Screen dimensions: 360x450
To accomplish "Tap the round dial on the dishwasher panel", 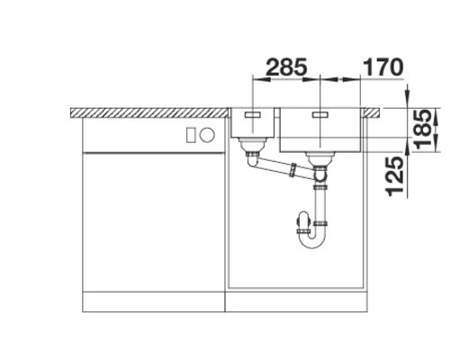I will tap(206, 136).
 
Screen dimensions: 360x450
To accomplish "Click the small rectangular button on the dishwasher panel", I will tap(190, 136).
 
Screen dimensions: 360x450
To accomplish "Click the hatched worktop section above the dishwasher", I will tap(148, 112).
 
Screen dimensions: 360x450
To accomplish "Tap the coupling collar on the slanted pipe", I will tap(292, 168).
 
